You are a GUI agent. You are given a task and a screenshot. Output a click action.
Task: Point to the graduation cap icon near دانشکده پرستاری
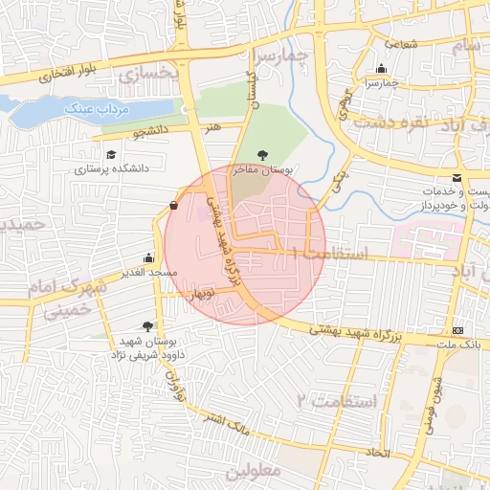coord(111,154)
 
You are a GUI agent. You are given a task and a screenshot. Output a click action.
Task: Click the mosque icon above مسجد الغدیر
coord(148,257)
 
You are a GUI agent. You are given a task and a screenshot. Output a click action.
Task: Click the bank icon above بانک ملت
coord(457,328)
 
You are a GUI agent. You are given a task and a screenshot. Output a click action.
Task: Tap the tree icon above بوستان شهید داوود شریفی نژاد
coord(147,326)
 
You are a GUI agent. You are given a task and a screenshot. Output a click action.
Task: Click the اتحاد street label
coord(379,451)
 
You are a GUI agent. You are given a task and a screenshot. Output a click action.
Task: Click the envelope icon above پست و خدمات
coord(457,178)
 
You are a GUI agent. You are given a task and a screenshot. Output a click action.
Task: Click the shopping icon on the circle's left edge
coord(172,205)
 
